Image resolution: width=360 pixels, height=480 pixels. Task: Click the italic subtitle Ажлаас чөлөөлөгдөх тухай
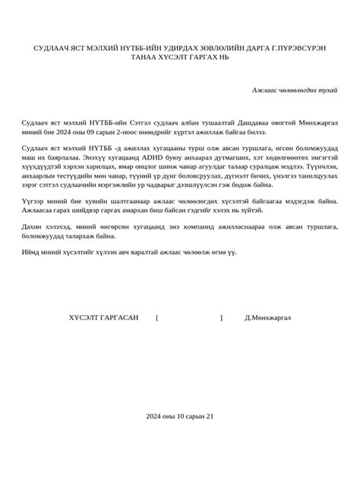coord(295,90)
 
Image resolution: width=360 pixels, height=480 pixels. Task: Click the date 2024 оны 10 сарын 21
coord(181,417)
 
